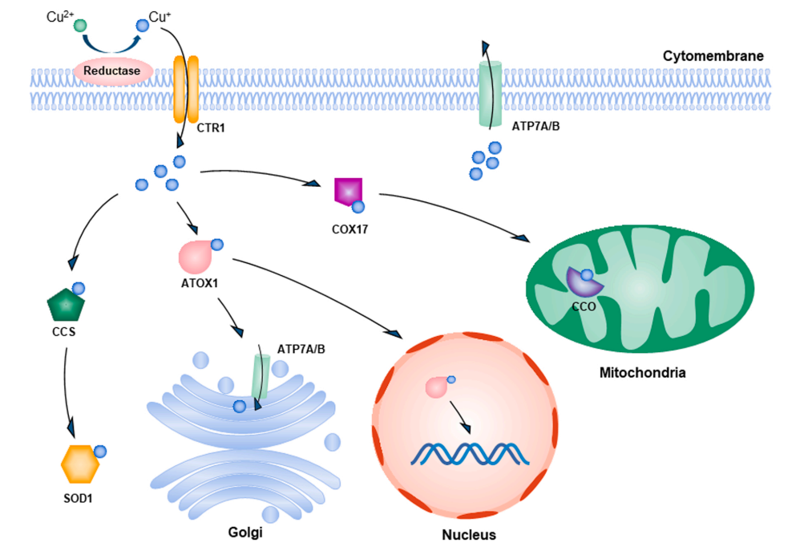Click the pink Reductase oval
(x=113, y=71)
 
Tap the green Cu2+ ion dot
(x=80, y=26)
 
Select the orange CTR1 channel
(x=186, y=90)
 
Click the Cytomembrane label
(x=713, y=55)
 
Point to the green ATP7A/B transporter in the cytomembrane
(x=490, y=94)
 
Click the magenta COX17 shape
(x=348, y=191)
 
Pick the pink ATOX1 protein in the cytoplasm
(x=196, y=257)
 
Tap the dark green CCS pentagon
(x=66, y=305)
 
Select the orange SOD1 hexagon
(x=80, y=464)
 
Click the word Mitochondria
(x=642, y=373)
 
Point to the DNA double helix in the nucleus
(x=470, y=453)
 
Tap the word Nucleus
(x=469, y=534)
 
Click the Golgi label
(x=245, y=533)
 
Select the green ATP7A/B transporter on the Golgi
(x=261, y=377)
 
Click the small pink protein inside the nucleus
(x=436, y=387)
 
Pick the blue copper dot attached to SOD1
(x=100, y=452)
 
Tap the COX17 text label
(x=350, y=229)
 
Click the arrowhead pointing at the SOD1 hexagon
(x=71, y=428)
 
